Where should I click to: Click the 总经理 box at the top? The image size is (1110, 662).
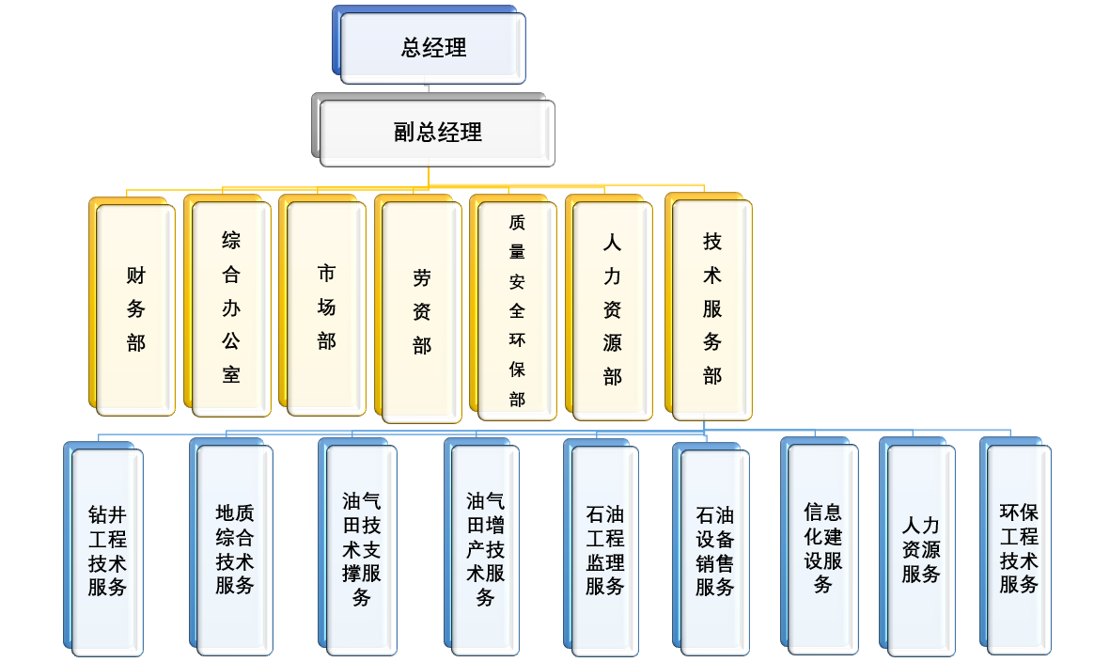tap(433, 48)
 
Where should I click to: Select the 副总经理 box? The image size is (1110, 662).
tap(437, 133)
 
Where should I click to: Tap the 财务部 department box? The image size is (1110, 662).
tap(136, 309)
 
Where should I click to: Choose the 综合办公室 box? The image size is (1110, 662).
tap(231, 307)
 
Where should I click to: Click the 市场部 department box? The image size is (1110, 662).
tap(326, 307)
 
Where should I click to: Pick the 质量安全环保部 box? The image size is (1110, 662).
tap(517, 310)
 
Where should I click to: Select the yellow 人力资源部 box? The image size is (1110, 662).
tap(612, 310)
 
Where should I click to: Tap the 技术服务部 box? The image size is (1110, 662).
tap(711, 308)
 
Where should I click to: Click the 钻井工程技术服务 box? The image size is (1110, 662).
tap(107, 551)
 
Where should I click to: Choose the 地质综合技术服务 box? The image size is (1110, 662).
tap(235, 549)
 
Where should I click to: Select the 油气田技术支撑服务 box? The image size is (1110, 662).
tap(362, 549)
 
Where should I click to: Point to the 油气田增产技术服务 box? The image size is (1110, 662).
tap(485, 549)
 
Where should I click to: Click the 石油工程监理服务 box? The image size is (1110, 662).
tap(605, 551)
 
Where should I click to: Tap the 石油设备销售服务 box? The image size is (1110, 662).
tap(715, 552)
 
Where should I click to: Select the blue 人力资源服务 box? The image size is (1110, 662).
tap(921, 550)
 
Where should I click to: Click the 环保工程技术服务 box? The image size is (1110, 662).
tap(1019, 549)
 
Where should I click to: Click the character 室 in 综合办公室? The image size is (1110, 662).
tap(231, 375)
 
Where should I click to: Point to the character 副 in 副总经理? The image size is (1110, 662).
tap(404, 133)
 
